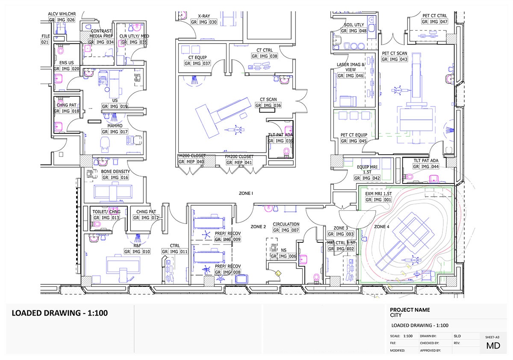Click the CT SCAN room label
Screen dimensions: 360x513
click(268, 100)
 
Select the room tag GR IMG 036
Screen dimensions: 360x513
click(268, 106)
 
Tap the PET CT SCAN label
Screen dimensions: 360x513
click(395, 53)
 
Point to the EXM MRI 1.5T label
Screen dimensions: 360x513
click(375, 194)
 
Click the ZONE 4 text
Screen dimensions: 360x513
click(382, 227)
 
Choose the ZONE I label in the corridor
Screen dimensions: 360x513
click(245, 194)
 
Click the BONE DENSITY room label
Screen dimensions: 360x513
click(115, 172)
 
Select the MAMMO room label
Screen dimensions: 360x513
click(115, 126)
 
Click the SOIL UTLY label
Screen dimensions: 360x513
click(354, 25)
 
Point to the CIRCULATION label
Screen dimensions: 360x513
click(286, 224)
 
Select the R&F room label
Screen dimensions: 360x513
click(137, 246)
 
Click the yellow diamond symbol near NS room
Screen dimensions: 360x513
click(277, 273)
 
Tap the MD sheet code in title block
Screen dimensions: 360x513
click(494, 345)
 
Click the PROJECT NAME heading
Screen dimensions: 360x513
click(410, 310)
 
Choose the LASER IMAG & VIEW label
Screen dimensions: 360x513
click(351, 67)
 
